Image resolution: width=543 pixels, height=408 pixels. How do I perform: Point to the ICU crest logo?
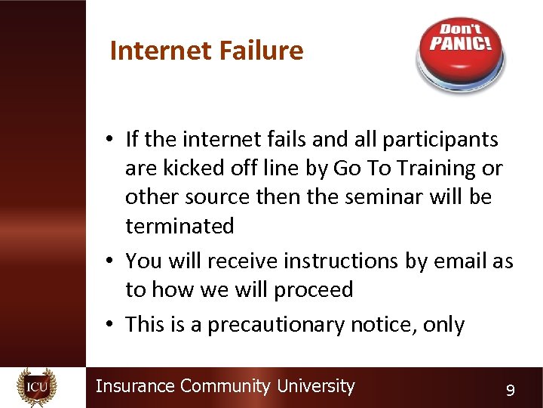(x=36, y=387)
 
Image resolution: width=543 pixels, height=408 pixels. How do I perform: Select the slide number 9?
(x=511, y=390)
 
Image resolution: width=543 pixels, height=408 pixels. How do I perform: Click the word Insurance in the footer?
(x=135, y=386)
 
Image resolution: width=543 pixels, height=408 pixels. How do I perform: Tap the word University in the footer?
(x=315, y=386)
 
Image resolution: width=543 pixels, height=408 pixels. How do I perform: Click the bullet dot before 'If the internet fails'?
(x=110, y=140)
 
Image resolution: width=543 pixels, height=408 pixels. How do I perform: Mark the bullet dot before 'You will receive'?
(x=110, y=261)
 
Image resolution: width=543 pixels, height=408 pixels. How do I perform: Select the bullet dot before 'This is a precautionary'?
(x=110, y=325)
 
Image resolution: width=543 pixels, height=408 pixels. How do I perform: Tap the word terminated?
(x=179, y=226)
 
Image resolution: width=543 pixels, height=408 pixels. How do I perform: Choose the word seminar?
(x=381, y=197)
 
